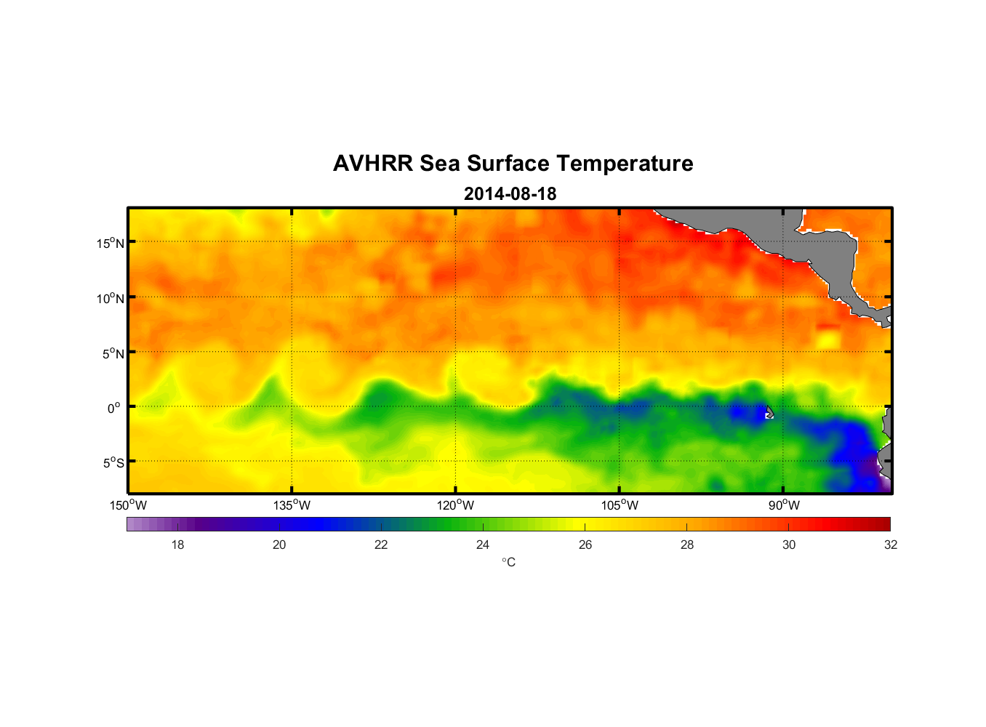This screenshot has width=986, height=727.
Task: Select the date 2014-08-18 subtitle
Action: (x=510, y=194)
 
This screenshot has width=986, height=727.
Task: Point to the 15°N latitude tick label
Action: (x=111, y=243)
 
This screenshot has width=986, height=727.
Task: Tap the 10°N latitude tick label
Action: (x=111, y=298)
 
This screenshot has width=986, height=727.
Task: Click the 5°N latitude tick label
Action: (x=113, y=353)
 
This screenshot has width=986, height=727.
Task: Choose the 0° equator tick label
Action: (x=114, y=408)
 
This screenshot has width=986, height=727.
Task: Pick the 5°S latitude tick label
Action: (x=113, y=463)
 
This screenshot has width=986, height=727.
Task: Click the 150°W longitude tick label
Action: (x=128, y=505)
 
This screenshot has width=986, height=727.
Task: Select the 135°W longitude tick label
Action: (x=292, y=505)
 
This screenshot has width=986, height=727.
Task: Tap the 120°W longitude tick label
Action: (x=455, y=505)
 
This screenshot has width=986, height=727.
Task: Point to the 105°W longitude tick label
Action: (x=620, y=505)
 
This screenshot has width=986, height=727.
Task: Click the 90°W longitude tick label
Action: (x=784, y=505)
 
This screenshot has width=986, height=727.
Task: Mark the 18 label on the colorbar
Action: (x=177, y=545)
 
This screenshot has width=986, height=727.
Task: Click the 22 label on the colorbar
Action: (x=381, y=545)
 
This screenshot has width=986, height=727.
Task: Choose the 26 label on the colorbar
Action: (x=585, y=545)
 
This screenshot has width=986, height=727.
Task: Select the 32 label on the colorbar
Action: (x=891, y=545)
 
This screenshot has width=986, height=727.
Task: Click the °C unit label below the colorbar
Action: (x=508, y=562)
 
